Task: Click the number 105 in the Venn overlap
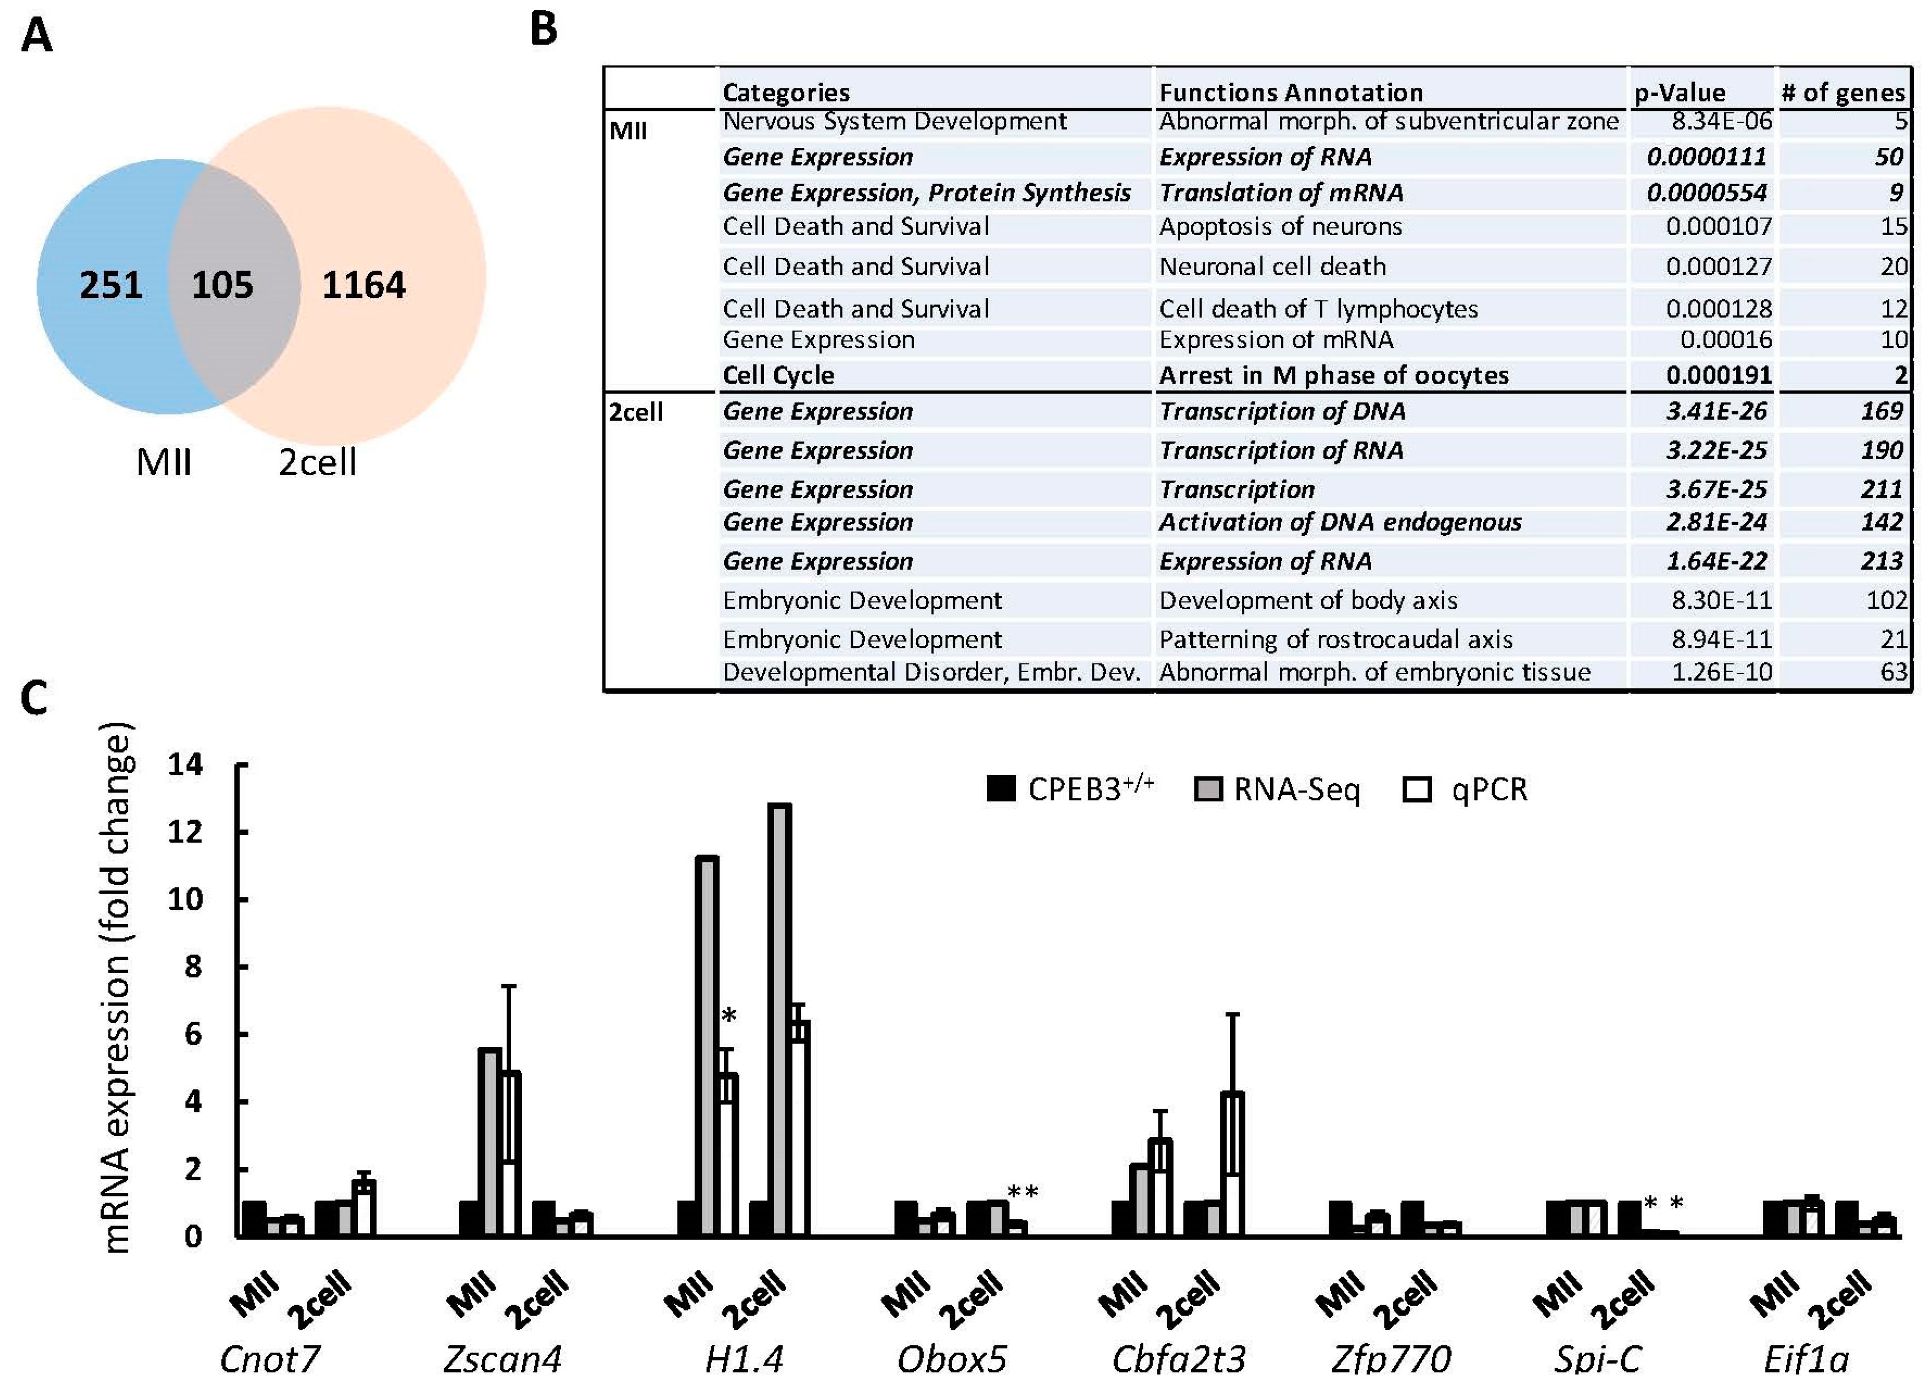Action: (222, 285)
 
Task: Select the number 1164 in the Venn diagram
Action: (364, 285)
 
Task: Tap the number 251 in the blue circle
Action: (111, 285)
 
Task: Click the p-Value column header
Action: (1680, 92)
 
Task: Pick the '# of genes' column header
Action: (1843, 92)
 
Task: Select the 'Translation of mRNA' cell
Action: (1281, 193)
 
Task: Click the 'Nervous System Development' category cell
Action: (895, 121)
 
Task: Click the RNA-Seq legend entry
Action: (1278, 790)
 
